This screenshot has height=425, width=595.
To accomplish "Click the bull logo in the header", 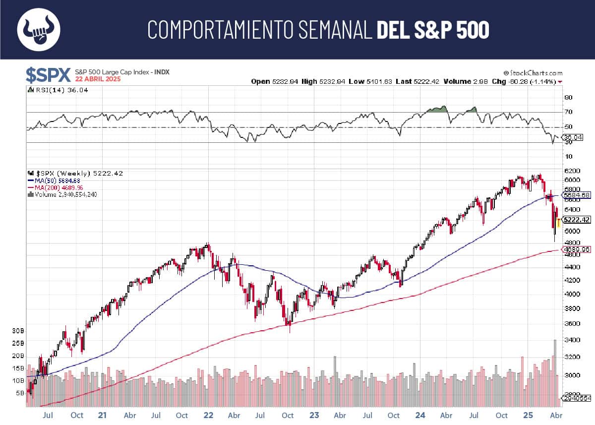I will click(39, 29).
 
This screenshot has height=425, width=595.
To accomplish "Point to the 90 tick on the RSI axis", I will click(568, 98).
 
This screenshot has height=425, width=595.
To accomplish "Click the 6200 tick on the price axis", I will click(572, 170).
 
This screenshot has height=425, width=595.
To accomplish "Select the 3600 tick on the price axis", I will click(572, 324).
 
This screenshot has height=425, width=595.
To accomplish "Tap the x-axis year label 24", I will click(420, 416).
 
